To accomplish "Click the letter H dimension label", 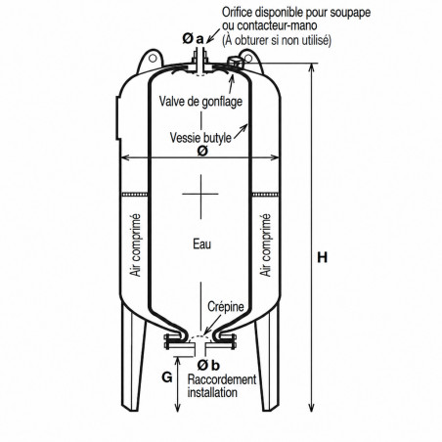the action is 322,257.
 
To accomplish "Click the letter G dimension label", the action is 167,377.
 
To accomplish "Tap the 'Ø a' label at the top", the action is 193,39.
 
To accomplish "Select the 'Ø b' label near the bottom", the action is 208,366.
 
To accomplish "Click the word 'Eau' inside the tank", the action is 201,244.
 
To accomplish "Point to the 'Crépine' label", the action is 226,306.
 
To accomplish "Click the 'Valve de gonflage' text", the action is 200,102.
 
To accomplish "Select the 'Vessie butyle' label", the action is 200,138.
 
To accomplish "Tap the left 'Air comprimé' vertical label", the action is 135,245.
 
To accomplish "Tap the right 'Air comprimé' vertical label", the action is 265,245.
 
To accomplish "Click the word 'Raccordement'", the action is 222,379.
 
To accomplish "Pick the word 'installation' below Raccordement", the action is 212,392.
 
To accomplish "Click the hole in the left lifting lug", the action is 153,59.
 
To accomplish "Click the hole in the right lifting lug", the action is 248,59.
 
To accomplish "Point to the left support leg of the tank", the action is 134,355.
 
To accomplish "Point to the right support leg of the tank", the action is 267,355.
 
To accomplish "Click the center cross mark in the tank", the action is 200,194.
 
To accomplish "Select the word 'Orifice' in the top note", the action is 237,13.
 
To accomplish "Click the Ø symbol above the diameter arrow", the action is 202,151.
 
